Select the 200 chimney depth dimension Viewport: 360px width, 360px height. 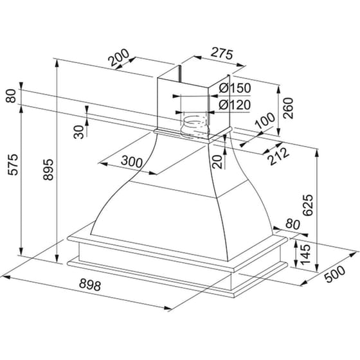point(120,60)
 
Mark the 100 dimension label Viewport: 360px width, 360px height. point(264,120)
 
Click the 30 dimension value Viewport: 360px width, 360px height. point(78,131)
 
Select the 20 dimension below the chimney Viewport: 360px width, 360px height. point(217,160)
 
